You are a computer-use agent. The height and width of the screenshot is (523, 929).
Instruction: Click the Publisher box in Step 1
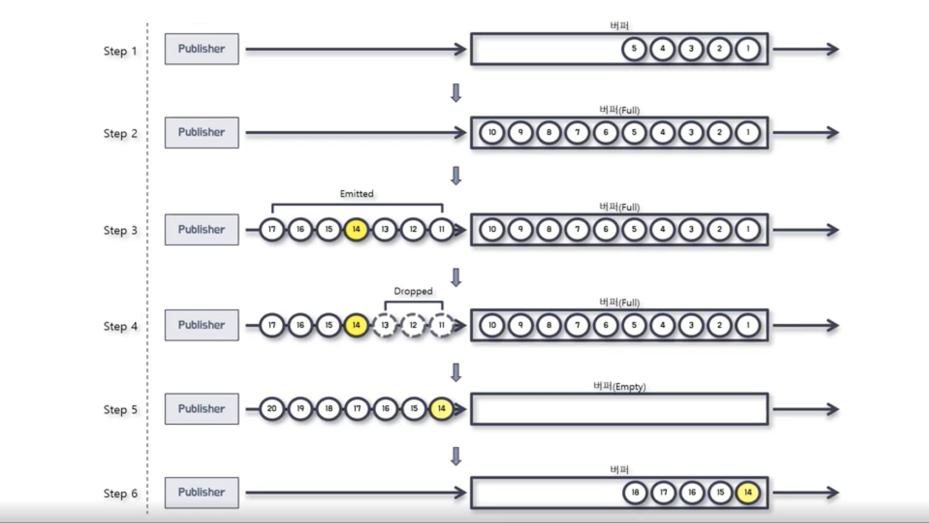pyautogui.click(x=202, y=49)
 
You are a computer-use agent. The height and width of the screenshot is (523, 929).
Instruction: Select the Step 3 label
pyautogui.click(x=120, y=230)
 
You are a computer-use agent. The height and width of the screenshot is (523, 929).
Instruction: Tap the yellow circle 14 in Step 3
pyautogui.click(x=357, y=229)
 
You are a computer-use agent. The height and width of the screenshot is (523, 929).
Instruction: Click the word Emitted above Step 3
pyautogui.click(x=357, y=194)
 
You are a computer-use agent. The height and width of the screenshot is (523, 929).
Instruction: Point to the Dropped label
pyautogui.click(x=413, y=291)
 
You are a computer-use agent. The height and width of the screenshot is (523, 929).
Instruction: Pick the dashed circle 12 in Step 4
pyautogui.click(x=413, y=325)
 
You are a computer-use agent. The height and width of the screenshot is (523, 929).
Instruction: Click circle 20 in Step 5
pyautogui.click(x=272, y=409)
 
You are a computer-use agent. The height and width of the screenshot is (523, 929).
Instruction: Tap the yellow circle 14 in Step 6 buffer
pyautogui.click(x=748, y=492)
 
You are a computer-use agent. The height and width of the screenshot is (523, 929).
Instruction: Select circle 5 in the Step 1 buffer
pyautogui.click(x=634, y=49)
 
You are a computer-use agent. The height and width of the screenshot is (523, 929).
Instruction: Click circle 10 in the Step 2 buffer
pyautogui.click(x=492, y=133)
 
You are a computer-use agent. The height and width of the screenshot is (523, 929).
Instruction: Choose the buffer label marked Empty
pyautogui.click(x=619, y=386)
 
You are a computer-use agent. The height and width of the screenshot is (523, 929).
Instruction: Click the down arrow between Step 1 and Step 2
pyautogui.click(x=456, y=93)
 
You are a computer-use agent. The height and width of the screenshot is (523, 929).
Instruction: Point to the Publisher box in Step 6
pyautogui.click(x=202, y=493)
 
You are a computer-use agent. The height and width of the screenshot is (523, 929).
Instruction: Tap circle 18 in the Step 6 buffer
pyautogui.click(x=635, y=492)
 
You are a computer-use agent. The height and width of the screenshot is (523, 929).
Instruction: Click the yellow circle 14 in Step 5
pyautogui.click(x=441, y=409)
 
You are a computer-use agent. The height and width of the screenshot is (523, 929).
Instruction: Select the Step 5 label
pyautogui.click(x=120, y=410)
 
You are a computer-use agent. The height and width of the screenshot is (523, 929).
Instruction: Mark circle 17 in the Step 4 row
pyautogui.click(x=272, y=325)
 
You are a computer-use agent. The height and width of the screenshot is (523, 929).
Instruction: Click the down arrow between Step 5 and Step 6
pyautogui.click(x=456, y=456)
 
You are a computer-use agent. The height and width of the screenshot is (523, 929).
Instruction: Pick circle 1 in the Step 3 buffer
pyautogui.click(x=748, y=229)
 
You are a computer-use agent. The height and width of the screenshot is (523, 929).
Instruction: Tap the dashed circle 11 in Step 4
pyautogui.click(x=441, y=325)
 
